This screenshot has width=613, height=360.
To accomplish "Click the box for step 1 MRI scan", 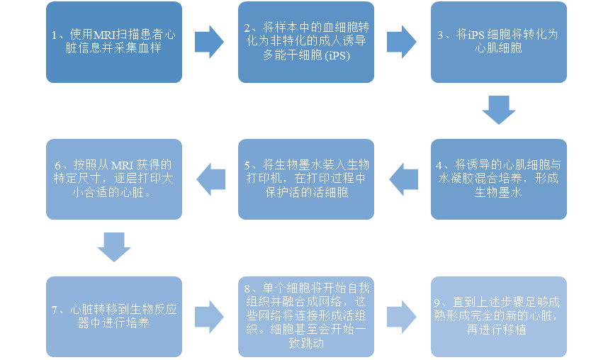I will tap(113, 42).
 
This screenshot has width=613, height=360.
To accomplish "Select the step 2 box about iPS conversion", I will tap(306, 42).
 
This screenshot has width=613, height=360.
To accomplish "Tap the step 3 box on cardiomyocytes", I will tap(499, 42).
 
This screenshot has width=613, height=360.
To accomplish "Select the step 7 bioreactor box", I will tap(113, 316).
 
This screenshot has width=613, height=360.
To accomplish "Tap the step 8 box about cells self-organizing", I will tap(306, 316).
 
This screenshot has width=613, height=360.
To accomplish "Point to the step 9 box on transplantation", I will tap(499, 316).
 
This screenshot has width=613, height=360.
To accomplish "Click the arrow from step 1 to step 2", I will tap(209, 42).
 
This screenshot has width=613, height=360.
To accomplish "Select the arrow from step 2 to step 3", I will tap(401, 42).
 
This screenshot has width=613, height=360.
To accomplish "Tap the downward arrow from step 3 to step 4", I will tap(499, 110).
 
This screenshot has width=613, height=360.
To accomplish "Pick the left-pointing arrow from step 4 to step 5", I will tap(403, 179).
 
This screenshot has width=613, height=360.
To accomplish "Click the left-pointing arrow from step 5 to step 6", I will tap(210, 179).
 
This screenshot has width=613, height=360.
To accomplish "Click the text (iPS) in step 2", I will tap(337, 55).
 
